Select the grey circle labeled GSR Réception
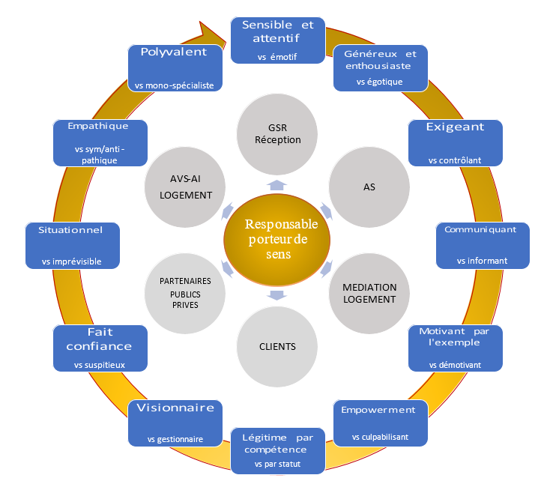277,133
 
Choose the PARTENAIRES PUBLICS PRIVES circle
185,294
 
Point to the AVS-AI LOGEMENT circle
186,187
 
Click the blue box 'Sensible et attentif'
277,40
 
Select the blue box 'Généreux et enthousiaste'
380,68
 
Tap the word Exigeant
455,127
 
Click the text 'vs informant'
482,261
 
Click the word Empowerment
378,410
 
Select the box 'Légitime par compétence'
277,450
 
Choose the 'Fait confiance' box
100,348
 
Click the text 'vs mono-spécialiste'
175,85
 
